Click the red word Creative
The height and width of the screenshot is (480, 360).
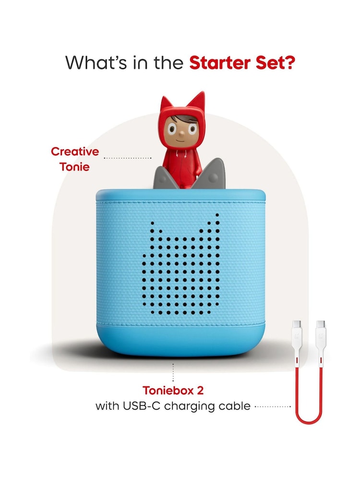click(75, 152)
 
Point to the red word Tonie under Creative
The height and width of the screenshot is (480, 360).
click(75, 167)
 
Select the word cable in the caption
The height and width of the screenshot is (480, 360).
click(234, 406)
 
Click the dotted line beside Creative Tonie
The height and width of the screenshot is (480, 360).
click(127, 157)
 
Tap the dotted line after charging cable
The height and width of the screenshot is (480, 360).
click(272, 407)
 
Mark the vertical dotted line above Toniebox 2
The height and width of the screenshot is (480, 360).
click(173, 372)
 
